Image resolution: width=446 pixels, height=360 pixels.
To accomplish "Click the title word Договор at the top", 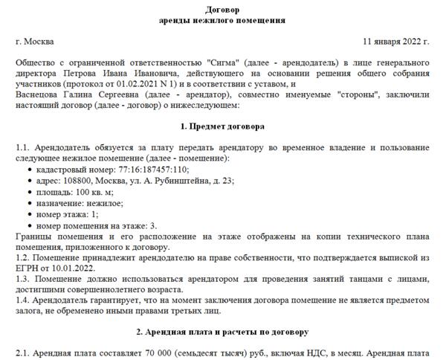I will (222, 8).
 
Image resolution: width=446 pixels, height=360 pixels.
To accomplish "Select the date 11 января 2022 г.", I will (396, 41).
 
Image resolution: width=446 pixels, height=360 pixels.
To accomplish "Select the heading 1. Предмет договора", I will (222, 127).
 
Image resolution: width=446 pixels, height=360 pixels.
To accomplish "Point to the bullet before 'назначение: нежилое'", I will (29, 202).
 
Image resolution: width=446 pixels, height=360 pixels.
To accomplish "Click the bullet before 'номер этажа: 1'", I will (29, 213).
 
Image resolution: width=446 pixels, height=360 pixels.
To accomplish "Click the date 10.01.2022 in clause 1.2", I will (75, 267).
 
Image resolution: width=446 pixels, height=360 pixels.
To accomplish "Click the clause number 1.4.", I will (22, 299).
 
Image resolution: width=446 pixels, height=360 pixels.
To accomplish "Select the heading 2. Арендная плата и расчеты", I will (222, 330).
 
